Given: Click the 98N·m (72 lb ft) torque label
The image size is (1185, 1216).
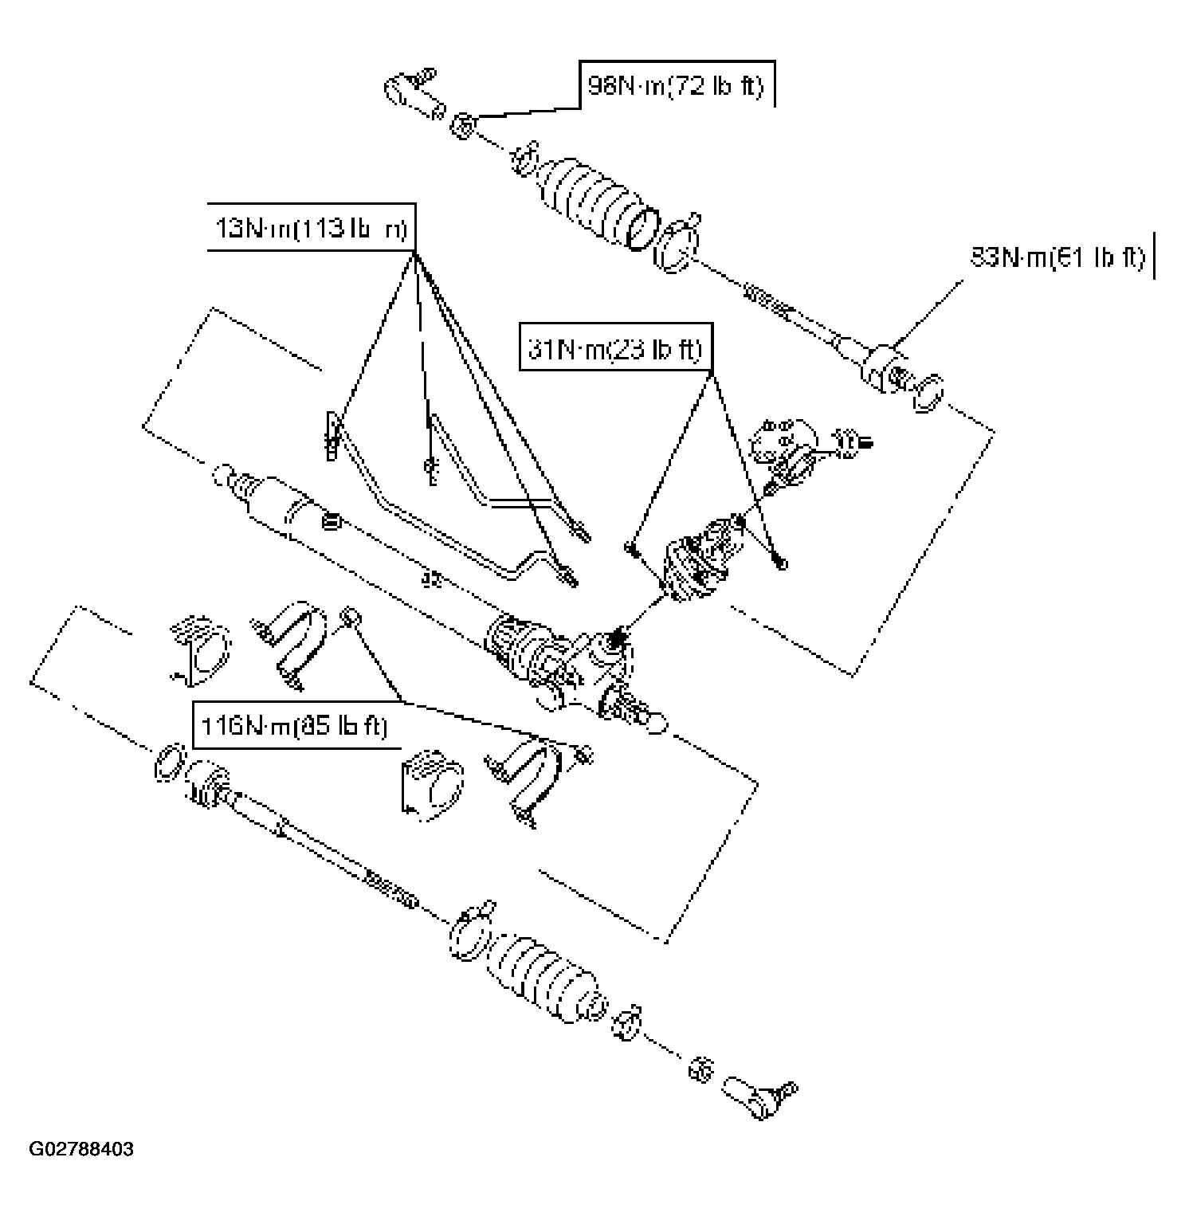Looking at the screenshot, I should pos(676,84).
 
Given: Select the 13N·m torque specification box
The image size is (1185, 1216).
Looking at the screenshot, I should pos(312,228).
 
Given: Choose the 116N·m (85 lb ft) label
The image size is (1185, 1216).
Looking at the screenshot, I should pos(293,726).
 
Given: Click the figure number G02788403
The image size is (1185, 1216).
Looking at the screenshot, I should pos(81,1150).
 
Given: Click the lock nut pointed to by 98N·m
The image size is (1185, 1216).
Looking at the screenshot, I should pos(462,125).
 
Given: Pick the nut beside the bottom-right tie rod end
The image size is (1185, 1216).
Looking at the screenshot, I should pos(700,1069).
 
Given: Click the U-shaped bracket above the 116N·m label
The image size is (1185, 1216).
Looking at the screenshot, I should pos(292,643).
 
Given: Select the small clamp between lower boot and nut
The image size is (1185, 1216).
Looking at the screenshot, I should pos(627,1024).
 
